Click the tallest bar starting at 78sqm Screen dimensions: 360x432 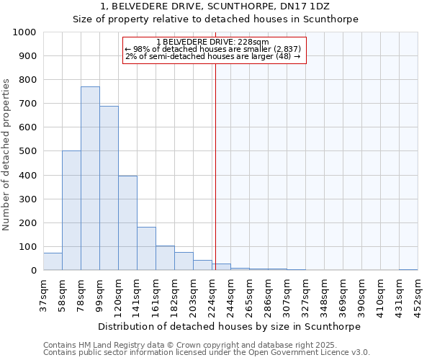[x=90, y=179]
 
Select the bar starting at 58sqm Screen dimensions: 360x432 [x=71, y=210]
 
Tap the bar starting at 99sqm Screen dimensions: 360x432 [x=109, y=188]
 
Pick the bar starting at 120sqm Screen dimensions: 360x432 [x=127, y=223]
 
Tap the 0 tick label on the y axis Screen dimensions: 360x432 [x=34, y=271]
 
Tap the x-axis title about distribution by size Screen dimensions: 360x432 [x=229, y=326]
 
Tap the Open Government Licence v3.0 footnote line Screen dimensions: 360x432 [x=207, y=353]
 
